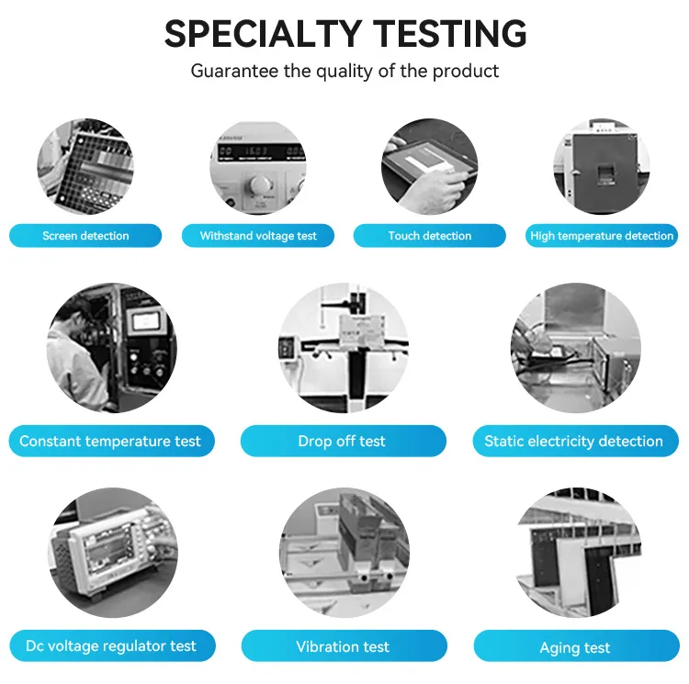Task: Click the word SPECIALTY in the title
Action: point(263,34)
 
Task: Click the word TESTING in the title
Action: point(449,34)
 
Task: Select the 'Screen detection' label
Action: point(85,236)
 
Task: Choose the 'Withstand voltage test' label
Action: point(258,236)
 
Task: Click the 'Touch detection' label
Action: point(430,236)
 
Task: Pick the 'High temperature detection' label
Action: point(602,236)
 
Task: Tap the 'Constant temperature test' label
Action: point(111,441)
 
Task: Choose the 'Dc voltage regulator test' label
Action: point(112,645)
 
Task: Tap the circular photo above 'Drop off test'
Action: point(344,348)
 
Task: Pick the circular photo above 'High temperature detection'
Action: point(601,166)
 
